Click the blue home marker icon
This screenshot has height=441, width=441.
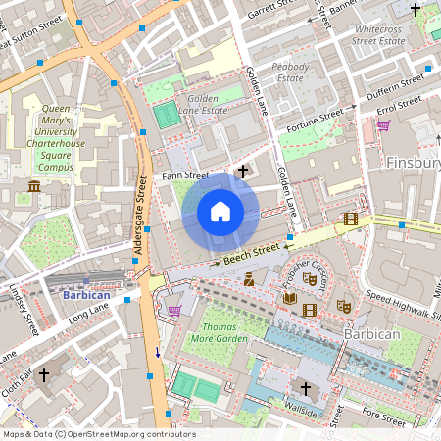click(220, 211)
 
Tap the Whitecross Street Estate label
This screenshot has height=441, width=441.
click(378, 35)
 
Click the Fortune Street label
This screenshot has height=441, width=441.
click(315, 122)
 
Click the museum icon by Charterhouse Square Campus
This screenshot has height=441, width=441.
click(34, 186)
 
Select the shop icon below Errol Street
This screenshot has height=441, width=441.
click(383, 124)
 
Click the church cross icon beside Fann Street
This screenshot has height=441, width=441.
click(242, 171)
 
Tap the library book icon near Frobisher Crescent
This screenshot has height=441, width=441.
click(289, 298)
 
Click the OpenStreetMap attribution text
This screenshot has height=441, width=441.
click(99, 434)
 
